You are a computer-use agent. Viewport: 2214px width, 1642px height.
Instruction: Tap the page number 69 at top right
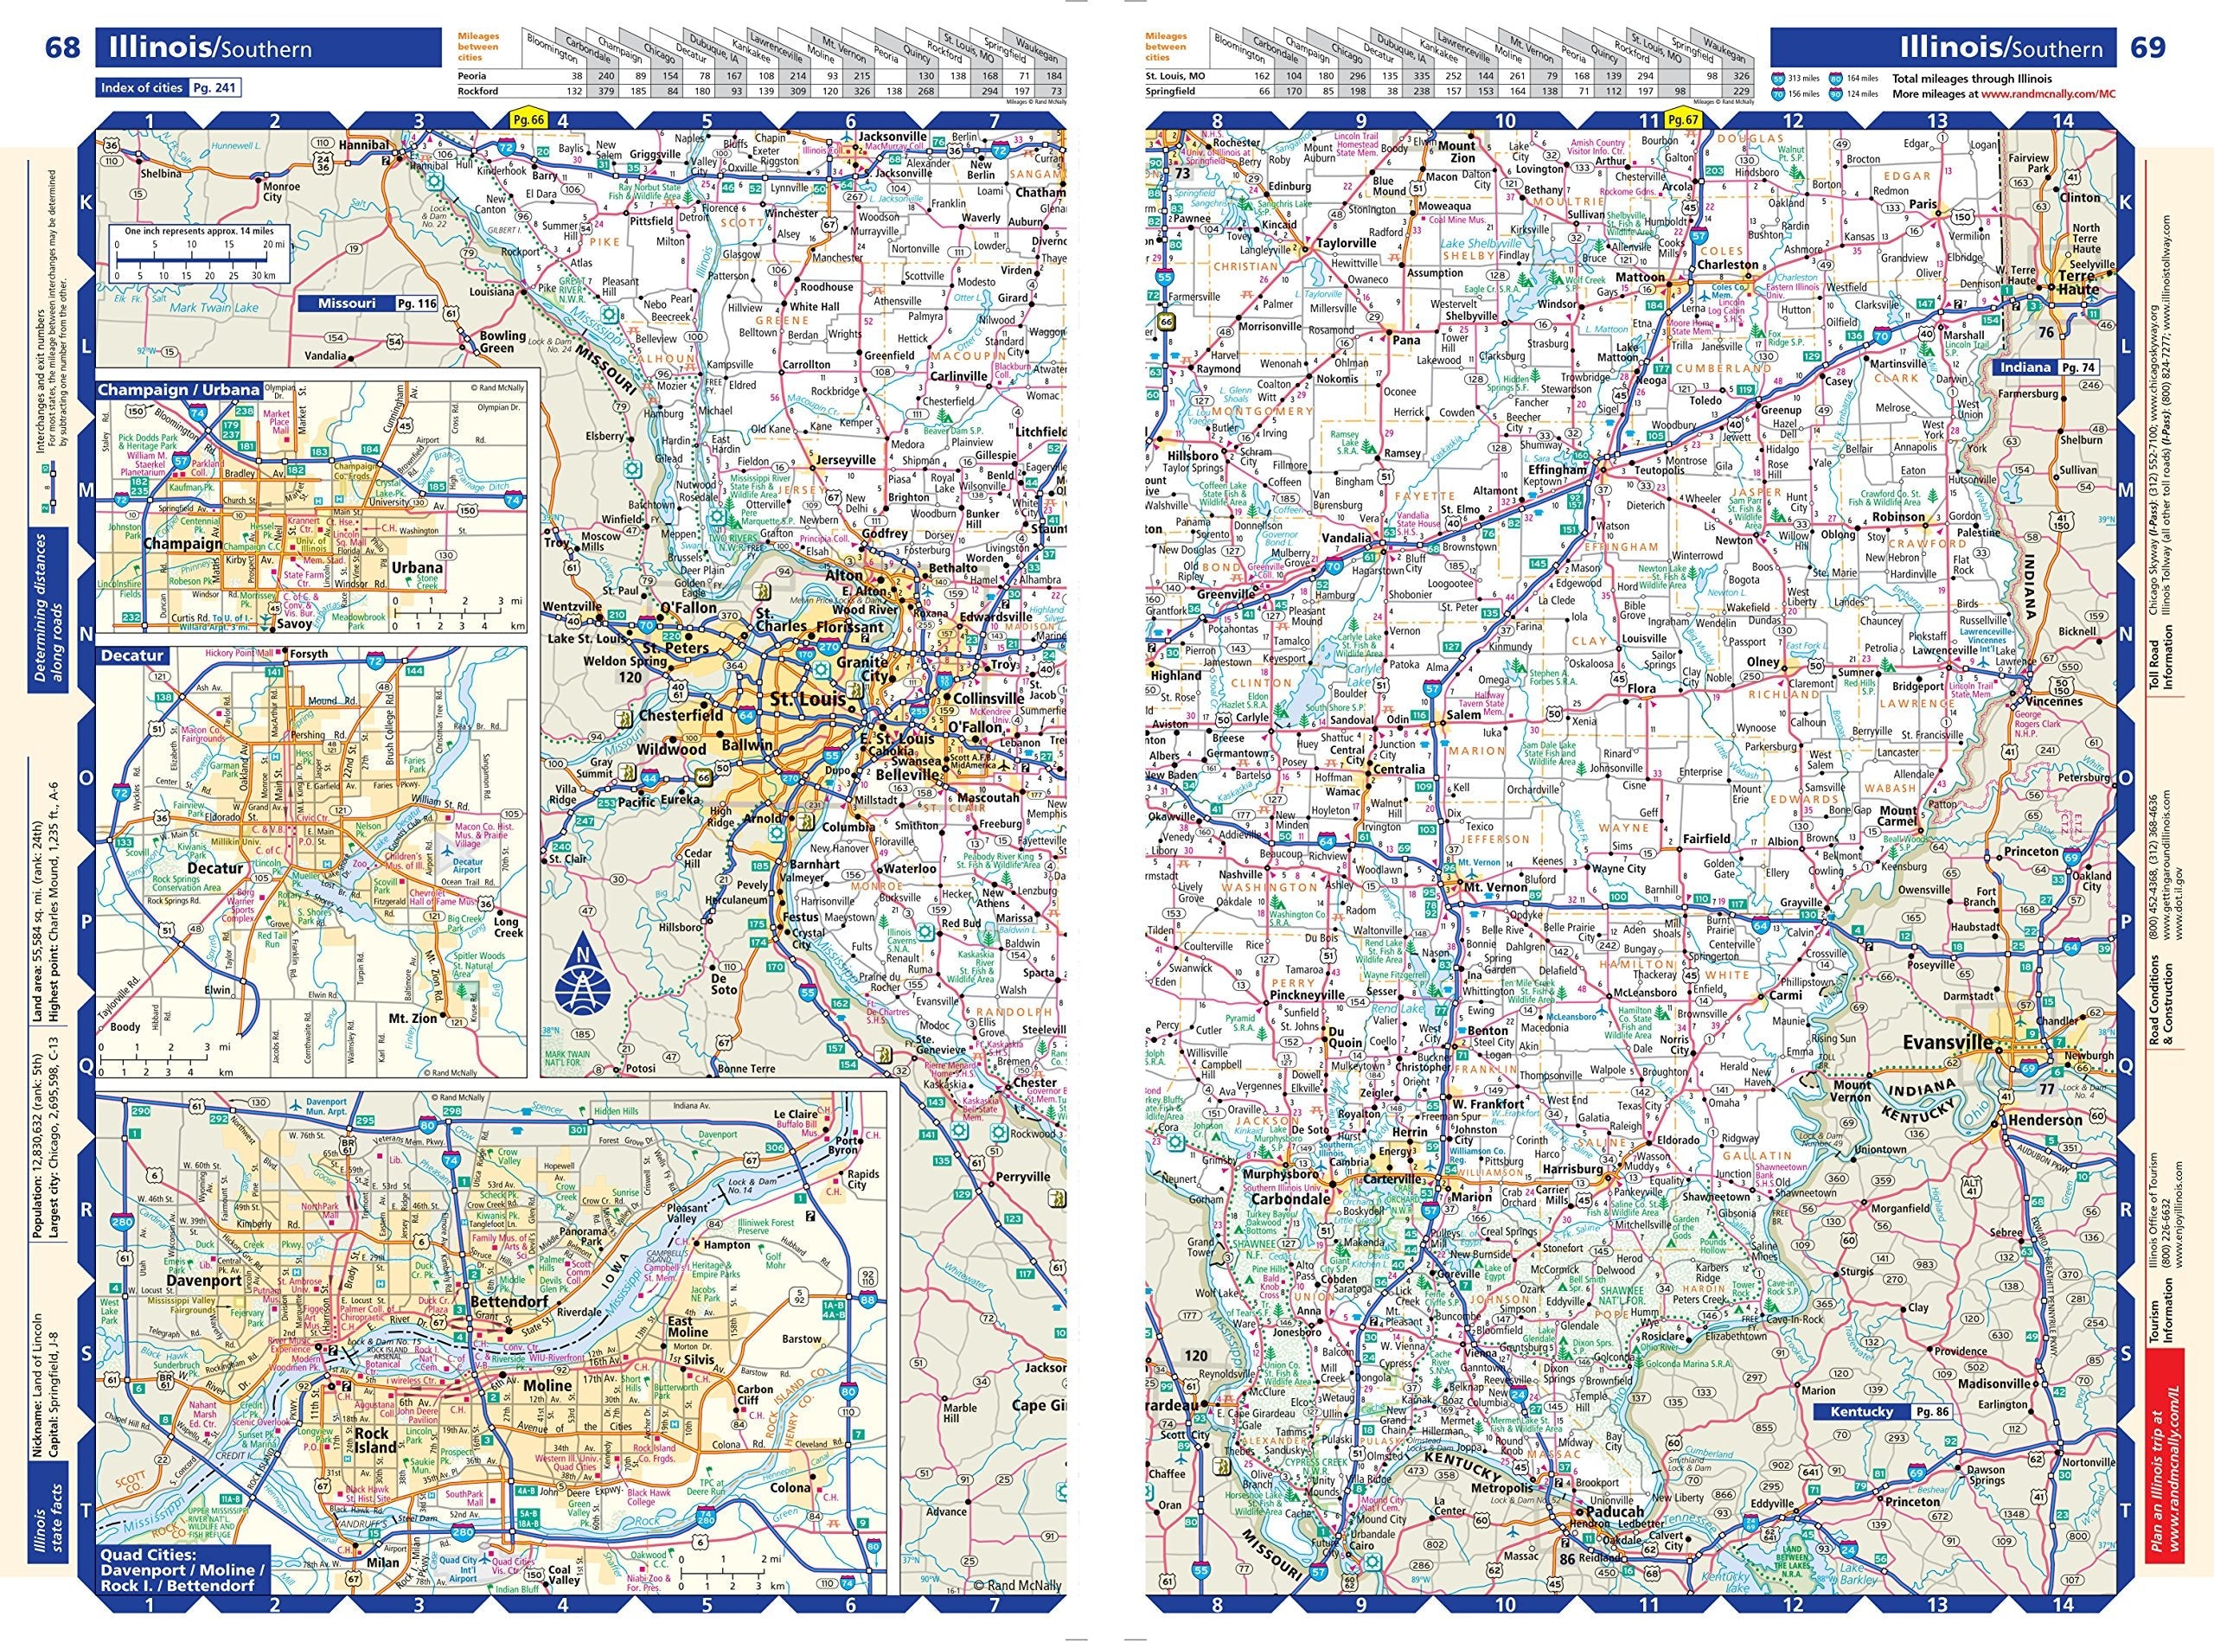click(x=2148, y=48)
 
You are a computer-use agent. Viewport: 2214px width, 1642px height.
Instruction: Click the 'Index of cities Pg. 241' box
click(x=168, y=87)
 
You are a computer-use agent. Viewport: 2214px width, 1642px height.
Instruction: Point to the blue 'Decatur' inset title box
click(x=132, y=656)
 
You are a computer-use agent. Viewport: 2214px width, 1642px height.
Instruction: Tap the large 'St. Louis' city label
click(x=809, y=699)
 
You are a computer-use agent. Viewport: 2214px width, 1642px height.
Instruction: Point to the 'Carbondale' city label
click(x=1289, y=1198)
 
